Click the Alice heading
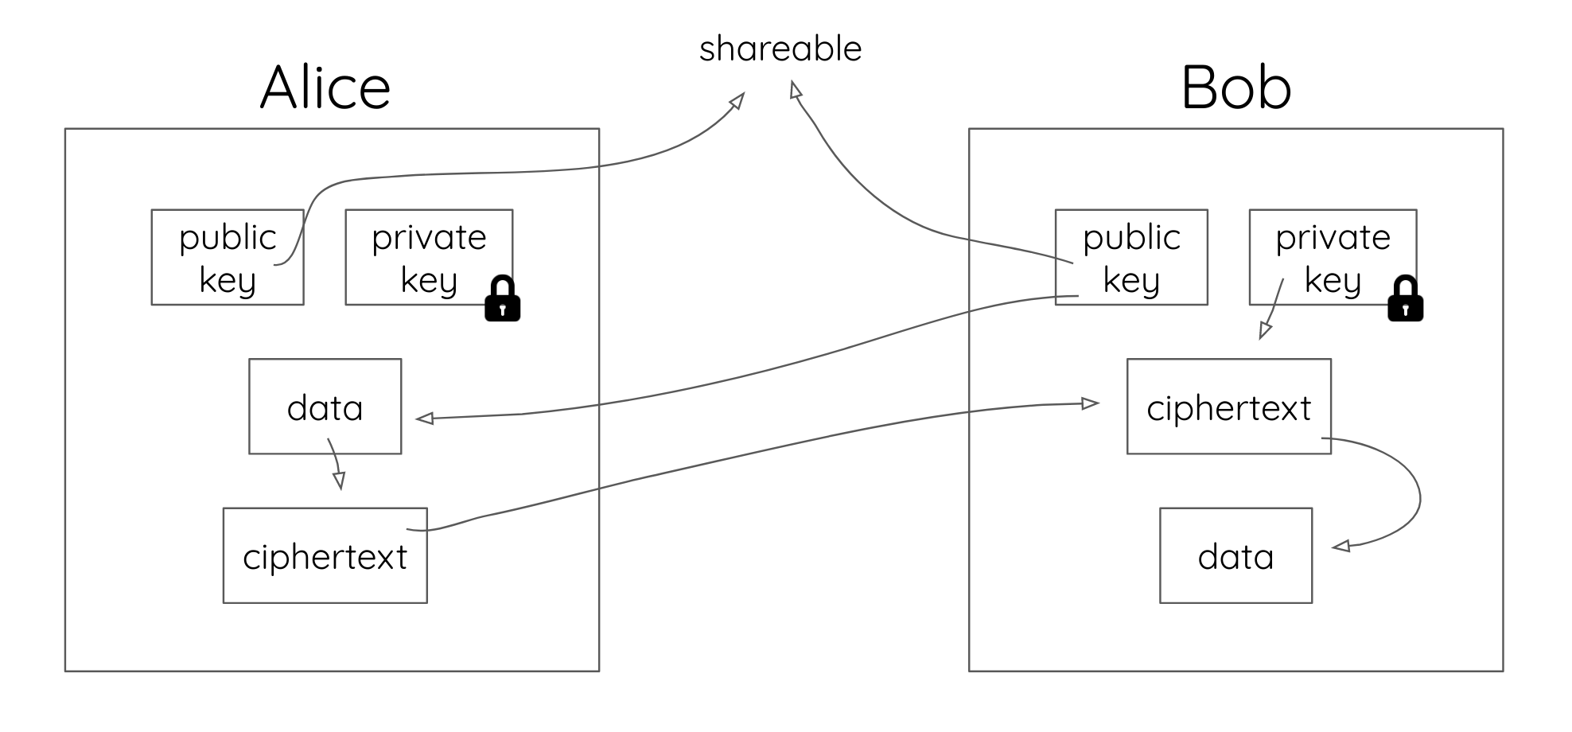click(x=325, y=88)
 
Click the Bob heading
click(x=1235, y=88)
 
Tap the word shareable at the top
click(x=780, y=49)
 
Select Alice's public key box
click(x=227, y=257)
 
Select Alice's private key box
click(x=428, y=257)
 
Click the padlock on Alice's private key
click(x=502, y=299)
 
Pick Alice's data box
click(x=325, y=407)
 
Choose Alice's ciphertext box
click(x=325, y=555)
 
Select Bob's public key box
click(x=1130, y=257)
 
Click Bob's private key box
click(x=1333, y=257)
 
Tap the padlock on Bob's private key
click(x=1405, y=299)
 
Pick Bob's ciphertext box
click(x=1228, y=407)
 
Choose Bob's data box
click(x=1235, y=555)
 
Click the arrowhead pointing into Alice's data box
click(x=425, y=419)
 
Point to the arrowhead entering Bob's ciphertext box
click(x=1089, y=403)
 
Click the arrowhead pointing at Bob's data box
click(x=1341, y=547)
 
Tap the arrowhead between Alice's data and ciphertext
click(x=340, y=481)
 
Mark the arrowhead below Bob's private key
click(x=1265, y=330)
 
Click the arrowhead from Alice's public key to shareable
click(x=737, y=100)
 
